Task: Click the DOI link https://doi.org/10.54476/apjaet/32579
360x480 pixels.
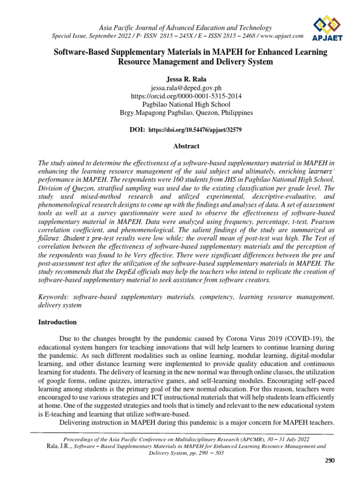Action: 195,128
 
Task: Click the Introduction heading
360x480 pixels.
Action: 57,322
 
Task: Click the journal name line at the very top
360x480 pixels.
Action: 183,28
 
